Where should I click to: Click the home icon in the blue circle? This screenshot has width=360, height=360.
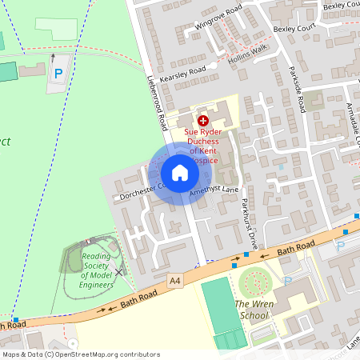180,173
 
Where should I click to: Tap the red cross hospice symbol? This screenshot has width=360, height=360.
192,120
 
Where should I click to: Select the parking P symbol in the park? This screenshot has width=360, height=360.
58,74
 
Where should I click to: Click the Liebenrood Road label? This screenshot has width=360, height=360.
156,96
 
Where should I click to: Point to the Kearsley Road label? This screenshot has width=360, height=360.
183,70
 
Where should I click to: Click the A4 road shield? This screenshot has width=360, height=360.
175,282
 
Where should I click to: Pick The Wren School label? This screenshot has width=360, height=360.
252,310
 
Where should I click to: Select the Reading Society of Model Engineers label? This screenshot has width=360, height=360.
96,270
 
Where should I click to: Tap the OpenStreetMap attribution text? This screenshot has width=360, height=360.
80,354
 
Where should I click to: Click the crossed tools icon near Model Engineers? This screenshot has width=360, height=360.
119,272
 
